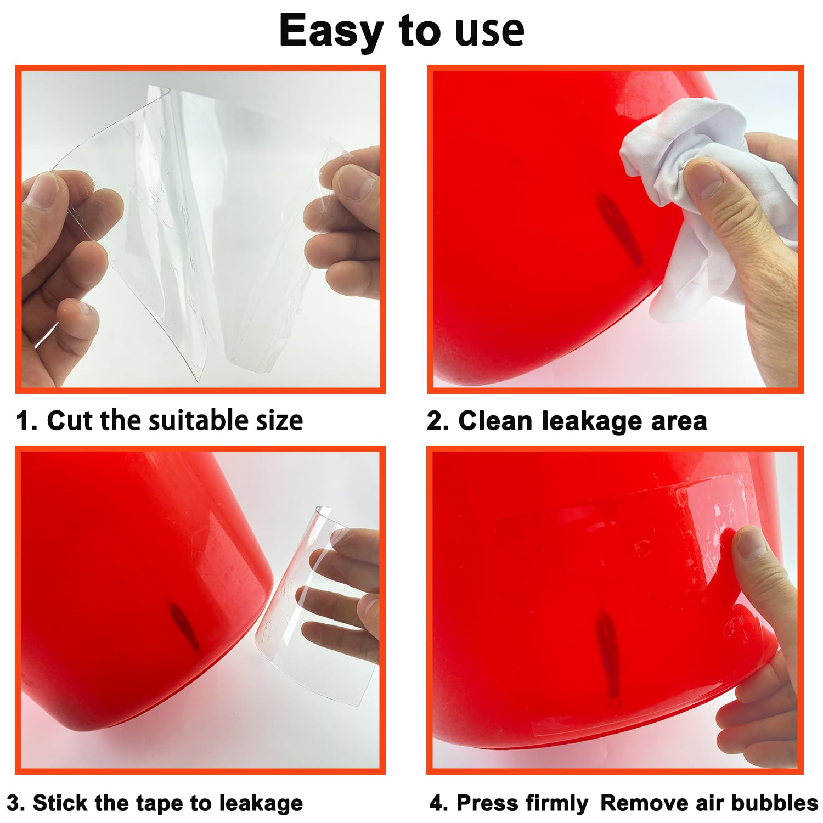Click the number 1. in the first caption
(x=27, y=421)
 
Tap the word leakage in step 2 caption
(x=592, y=422)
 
